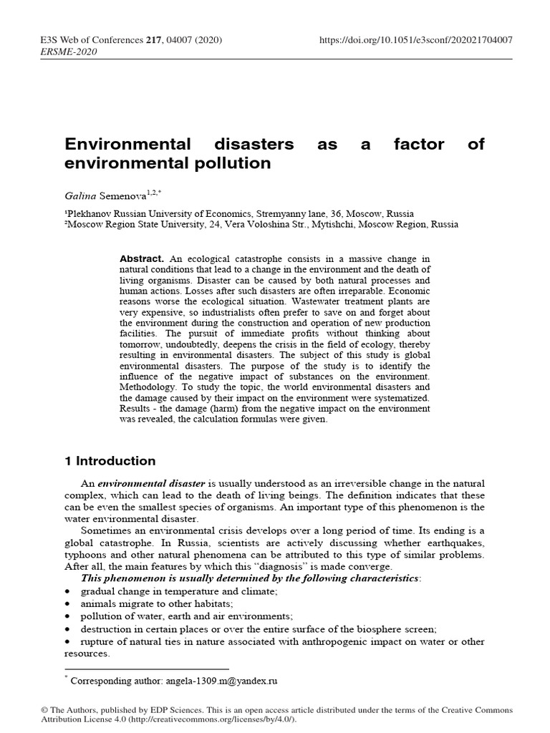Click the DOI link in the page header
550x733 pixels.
click(415, 40)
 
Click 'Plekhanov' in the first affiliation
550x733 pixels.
click(90, 214)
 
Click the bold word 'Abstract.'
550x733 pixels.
click(142, 258)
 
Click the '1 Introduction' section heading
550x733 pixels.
click(110, 461)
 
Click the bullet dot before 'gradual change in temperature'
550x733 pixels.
click(67, 591)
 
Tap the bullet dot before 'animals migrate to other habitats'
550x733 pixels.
click(67, 603)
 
